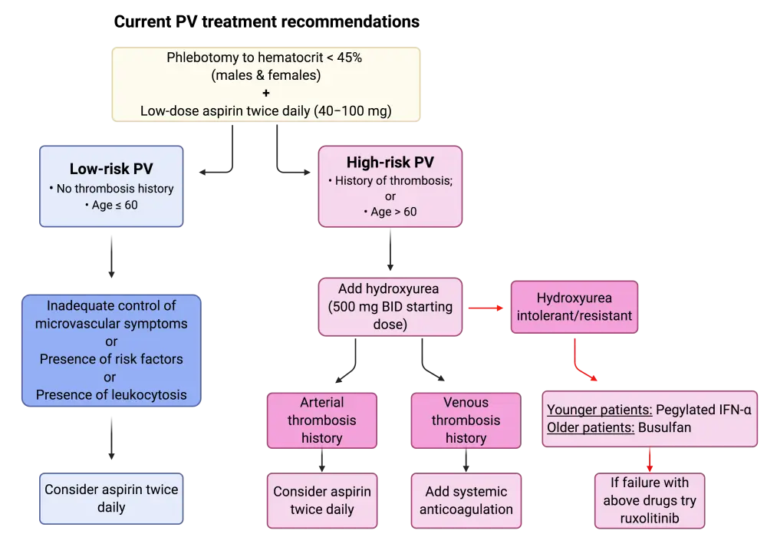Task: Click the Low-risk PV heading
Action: (110, 169)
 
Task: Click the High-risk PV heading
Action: (390, 163)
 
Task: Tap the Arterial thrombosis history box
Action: (321, 420)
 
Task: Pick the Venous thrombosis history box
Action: (466, 420)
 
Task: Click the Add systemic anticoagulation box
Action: (466, 500)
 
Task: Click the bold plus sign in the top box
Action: (266, 93)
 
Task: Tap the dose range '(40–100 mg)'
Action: (354, 110)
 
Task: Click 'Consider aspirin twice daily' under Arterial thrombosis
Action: (321, 500)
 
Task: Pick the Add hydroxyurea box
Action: (391, 307)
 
